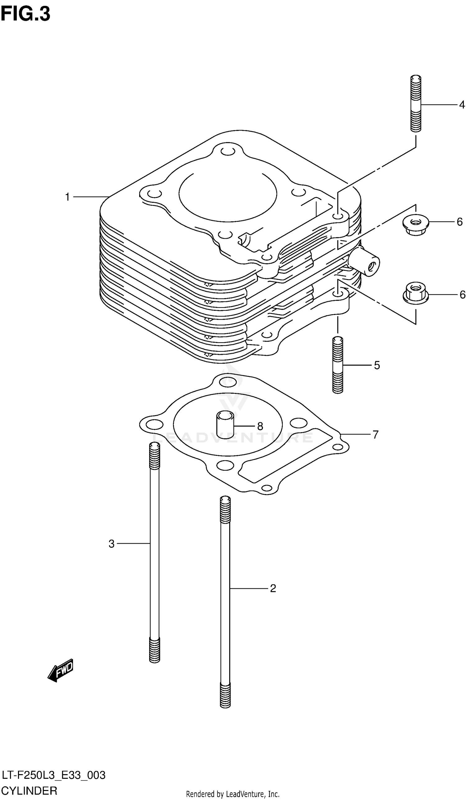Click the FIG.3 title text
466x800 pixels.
[25, 14]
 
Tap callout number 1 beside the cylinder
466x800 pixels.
[67, 197]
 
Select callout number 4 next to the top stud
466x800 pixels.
[462, 105]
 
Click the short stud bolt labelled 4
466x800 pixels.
[416, 103]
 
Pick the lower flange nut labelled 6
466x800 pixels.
[416, 293]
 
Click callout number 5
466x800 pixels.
[377, 365]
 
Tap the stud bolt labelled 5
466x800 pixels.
[338, 365]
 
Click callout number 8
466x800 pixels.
[260, 426]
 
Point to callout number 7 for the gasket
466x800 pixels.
[375, 434]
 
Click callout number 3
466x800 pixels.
[111, 544]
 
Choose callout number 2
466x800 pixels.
[273, 589]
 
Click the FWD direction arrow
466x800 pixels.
[61, 670]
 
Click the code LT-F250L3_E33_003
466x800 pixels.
[53, 775]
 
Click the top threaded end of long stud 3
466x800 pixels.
[154, 456]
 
